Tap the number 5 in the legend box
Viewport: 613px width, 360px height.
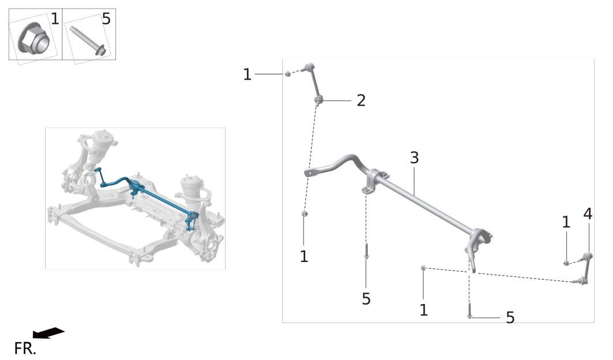point(106,19)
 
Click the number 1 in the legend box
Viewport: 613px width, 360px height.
point(55,19)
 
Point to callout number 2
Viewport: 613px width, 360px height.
point(361,100)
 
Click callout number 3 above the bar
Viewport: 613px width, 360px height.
point(414,157)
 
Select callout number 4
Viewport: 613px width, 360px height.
point(588,214)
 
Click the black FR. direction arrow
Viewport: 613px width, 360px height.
point(48,333)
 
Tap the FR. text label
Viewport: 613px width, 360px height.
point(25,348)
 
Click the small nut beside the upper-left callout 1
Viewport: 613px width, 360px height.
point(287,74)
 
